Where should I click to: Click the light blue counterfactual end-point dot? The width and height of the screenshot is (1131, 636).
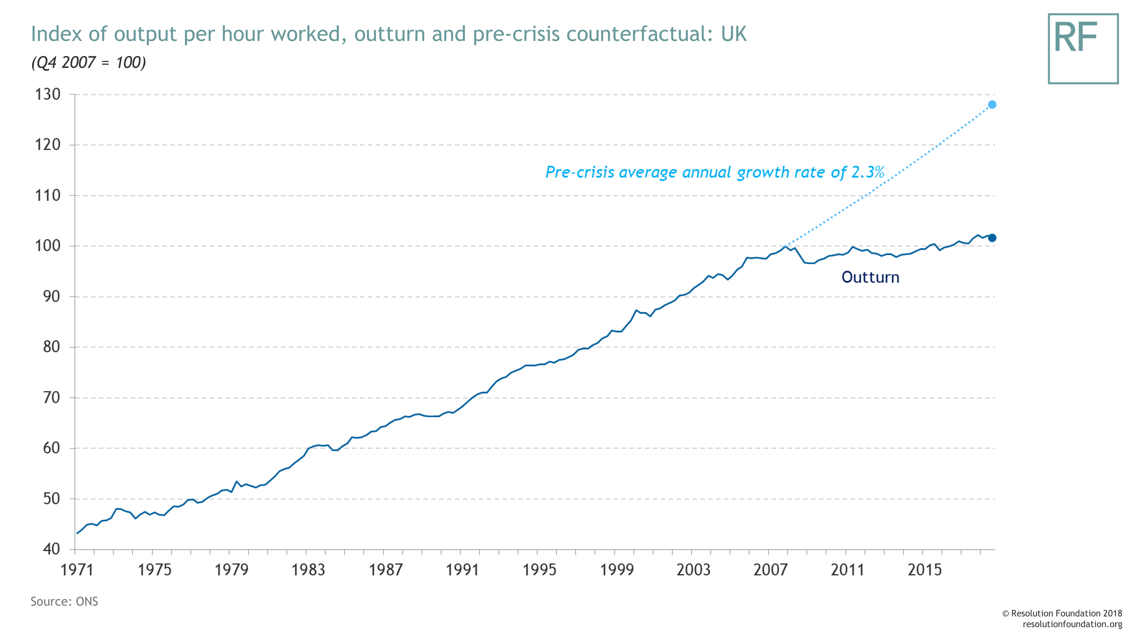(992, 105)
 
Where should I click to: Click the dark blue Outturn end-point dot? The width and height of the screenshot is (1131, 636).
(992, 238)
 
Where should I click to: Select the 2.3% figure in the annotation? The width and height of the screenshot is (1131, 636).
(867, 172)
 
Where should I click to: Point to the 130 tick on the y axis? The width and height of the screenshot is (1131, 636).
(48, 94)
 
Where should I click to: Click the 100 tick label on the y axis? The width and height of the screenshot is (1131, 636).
(48, 246)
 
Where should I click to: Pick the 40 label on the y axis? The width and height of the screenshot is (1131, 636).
(51, 549)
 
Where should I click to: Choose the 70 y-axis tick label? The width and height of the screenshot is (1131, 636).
(51, 398)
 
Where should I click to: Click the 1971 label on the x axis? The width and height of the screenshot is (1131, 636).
(77, 570)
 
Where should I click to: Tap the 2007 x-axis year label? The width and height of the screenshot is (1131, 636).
(770, 570)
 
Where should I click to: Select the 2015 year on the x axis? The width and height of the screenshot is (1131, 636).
(925, 570)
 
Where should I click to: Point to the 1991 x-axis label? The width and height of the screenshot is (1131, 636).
(462, 570)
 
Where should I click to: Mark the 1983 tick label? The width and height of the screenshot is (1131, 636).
(308, 570)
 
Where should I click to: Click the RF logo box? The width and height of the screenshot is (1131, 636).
(1083, 48)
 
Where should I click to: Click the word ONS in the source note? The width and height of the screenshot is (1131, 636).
(87, 601)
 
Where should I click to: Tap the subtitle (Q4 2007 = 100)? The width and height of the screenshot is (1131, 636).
(88, 62)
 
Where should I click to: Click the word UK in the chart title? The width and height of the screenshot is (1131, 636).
(734, 34)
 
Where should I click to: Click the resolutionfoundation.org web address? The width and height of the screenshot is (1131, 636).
(1072, 624)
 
